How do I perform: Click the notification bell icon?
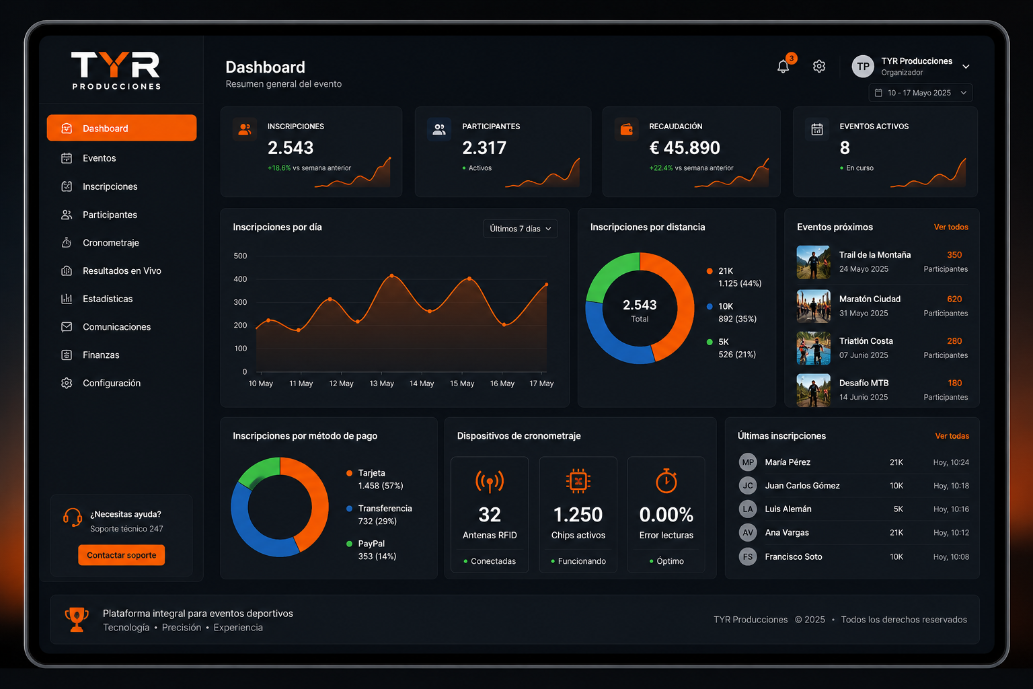tap(783, 67)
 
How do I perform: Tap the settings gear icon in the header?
tap(819, 67)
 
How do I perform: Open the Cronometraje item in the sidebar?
tap(111, 243)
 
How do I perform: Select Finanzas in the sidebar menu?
tap(101, 355)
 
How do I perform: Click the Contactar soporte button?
tap(121, 555)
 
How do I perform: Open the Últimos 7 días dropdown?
tap(520, 229)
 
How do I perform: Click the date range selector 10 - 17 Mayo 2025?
tap(921, 93)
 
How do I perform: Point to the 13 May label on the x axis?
tap(381, 384)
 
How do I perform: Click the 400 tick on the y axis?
tap(240, 279)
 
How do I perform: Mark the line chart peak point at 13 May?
tap(392, 275)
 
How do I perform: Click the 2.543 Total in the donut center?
tap(640, 310)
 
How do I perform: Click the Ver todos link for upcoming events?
tap(951, 227)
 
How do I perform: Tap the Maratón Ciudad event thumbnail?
tap(814, 306)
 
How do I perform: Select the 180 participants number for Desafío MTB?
tap(954, 383)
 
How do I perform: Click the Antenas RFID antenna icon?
tap(490, 482)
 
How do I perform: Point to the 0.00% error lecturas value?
tap(666, 515)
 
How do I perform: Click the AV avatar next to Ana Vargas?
tap(748, 532)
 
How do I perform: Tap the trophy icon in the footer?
tap(77, 619)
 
